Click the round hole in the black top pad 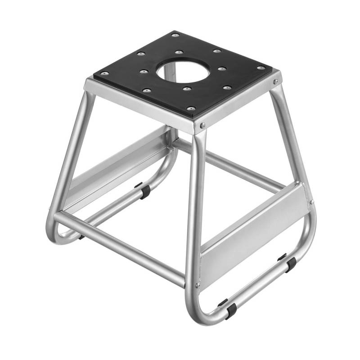[x=183, y=71]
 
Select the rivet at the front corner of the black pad [x=191, y=108]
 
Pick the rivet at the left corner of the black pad [x=104, y=73]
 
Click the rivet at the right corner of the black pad [x=261, y=68]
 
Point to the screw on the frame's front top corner [x=203, y=126]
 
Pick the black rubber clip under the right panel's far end [x=290, y=265]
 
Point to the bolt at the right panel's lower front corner [x=197, y=285]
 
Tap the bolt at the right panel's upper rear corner [x=310, y=202]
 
